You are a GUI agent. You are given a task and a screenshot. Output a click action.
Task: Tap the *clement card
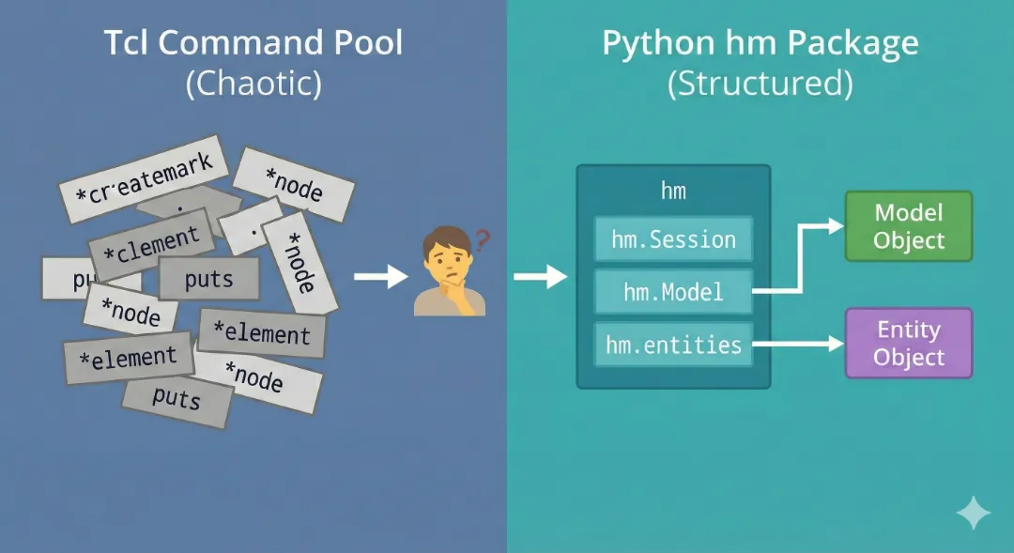point(150,246)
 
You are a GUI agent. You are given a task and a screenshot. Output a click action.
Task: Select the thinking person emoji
point(449,274)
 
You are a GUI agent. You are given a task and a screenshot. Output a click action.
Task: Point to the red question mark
point(483,241)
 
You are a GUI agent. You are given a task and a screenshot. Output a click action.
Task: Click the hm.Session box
point(673,239)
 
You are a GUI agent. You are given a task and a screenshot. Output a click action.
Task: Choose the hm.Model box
point(673,292)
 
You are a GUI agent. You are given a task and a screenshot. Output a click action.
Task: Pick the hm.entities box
point(673,345)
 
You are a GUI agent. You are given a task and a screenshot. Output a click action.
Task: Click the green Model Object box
point(908,226)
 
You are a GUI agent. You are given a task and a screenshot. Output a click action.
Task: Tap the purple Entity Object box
point(908,344)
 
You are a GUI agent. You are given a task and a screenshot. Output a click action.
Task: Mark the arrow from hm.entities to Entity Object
point(798,345)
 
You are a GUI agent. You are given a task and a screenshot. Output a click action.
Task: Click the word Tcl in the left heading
point(125,45)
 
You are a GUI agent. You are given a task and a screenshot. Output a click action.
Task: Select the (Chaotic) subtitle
point(253,84)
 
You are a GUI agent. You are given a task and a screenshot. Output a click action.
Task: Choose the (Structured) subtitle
point(760,84)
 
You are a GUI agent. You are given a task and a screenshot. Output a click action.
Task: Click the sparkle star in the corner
point(974,513)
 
